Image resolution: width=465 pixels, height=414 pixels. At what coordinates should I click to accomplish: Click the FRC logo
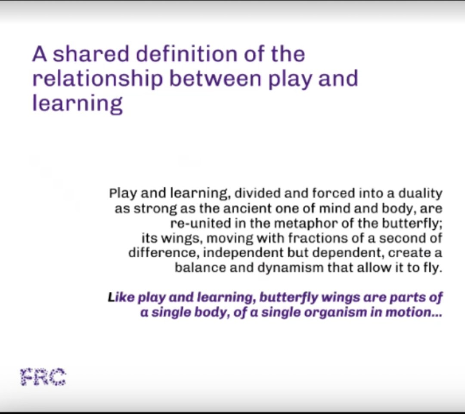(x=43, y=377)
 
